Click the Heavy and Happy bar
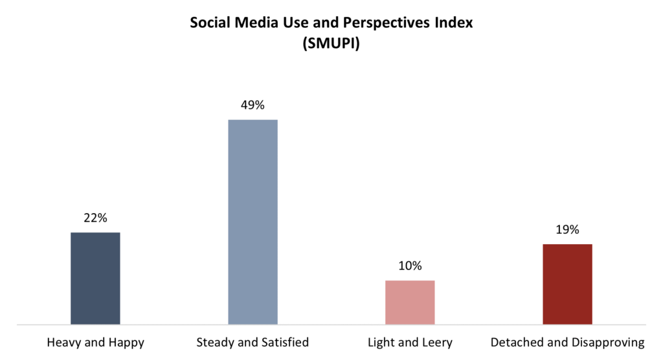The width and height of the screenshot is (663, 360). click(x=95, y=278)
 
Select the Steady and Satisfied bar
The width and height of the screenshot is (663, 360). click(x=253, y=221)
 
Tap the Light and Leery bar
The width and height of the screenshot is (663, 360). click(x=410, y=302)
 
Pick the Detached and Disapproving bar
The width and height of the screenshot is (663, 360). click(x=567, y=284)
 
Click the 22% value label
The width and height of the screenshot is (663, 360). click(x=95, y=218)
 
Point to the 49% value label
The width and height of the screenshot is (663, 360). click(x=253, y=105)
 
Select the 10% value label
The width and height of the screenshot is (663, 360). click(x=410, y=265)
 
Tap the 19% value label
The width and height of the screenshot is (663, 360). click(x=567, y=229)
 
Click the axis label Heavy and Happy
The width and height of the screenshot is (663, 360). click(x=95, y=342)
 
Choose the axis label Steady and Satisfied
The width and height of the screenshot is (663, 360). click(x=253, y=342)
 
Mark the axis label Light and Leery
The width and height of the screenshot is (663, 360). click(x=410, y=342)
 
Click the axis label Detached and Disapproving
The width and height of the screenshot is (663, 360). click(x=568, y=342)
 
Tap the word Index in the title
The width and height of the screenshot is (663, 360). click(x=457, y=24)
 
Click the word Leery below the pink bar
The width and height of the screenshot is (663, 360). click(x=438, y=342)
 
